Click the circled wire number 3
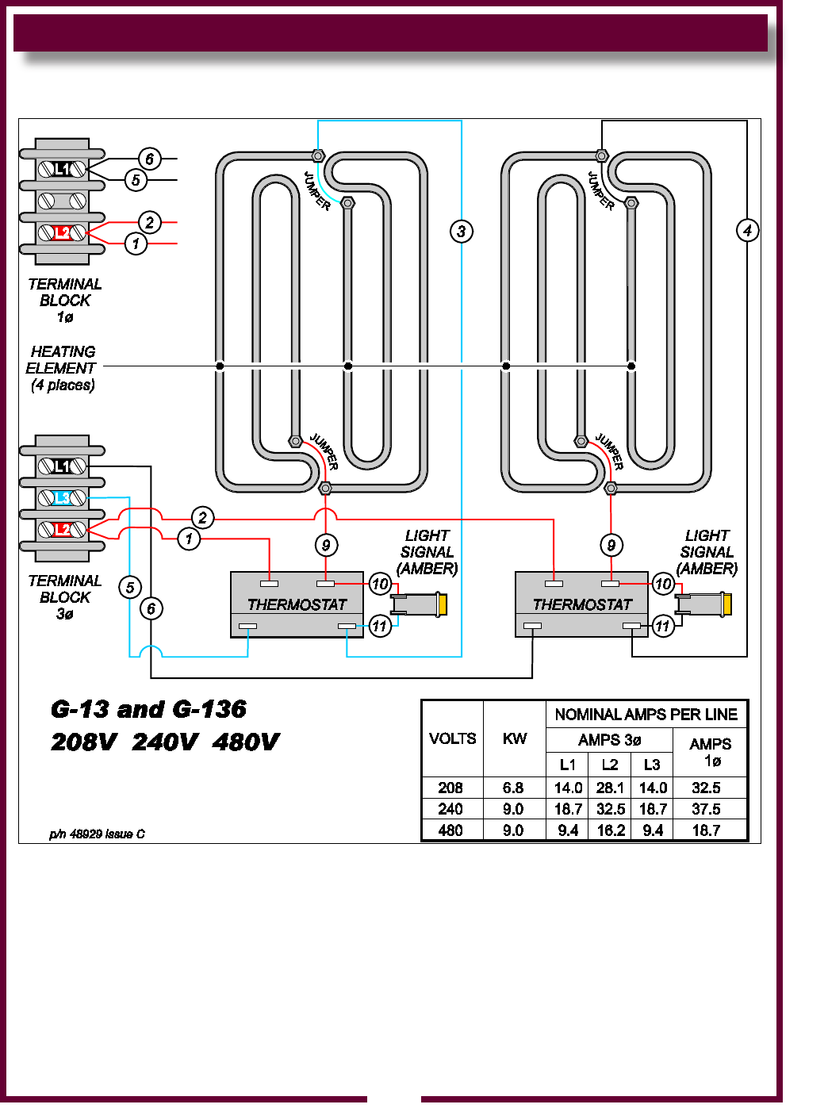[x=461, y=232]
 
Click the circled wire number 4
[x=747, y=231]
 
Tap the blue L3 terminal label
[x=62, y=498]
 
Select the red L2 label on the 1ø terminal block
[x=62, y=232]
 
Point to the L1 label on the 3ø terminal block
[x=62, y=466]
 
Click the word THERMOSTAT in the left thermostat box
[x=297, y=604]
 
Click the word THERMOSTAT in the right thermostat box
[x=582, y=604]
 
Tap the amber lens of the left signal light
[x=442, y=604]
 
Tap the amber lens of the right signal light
[x=726, y=604]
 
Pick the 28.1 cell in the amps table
[x=610, y=788]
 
